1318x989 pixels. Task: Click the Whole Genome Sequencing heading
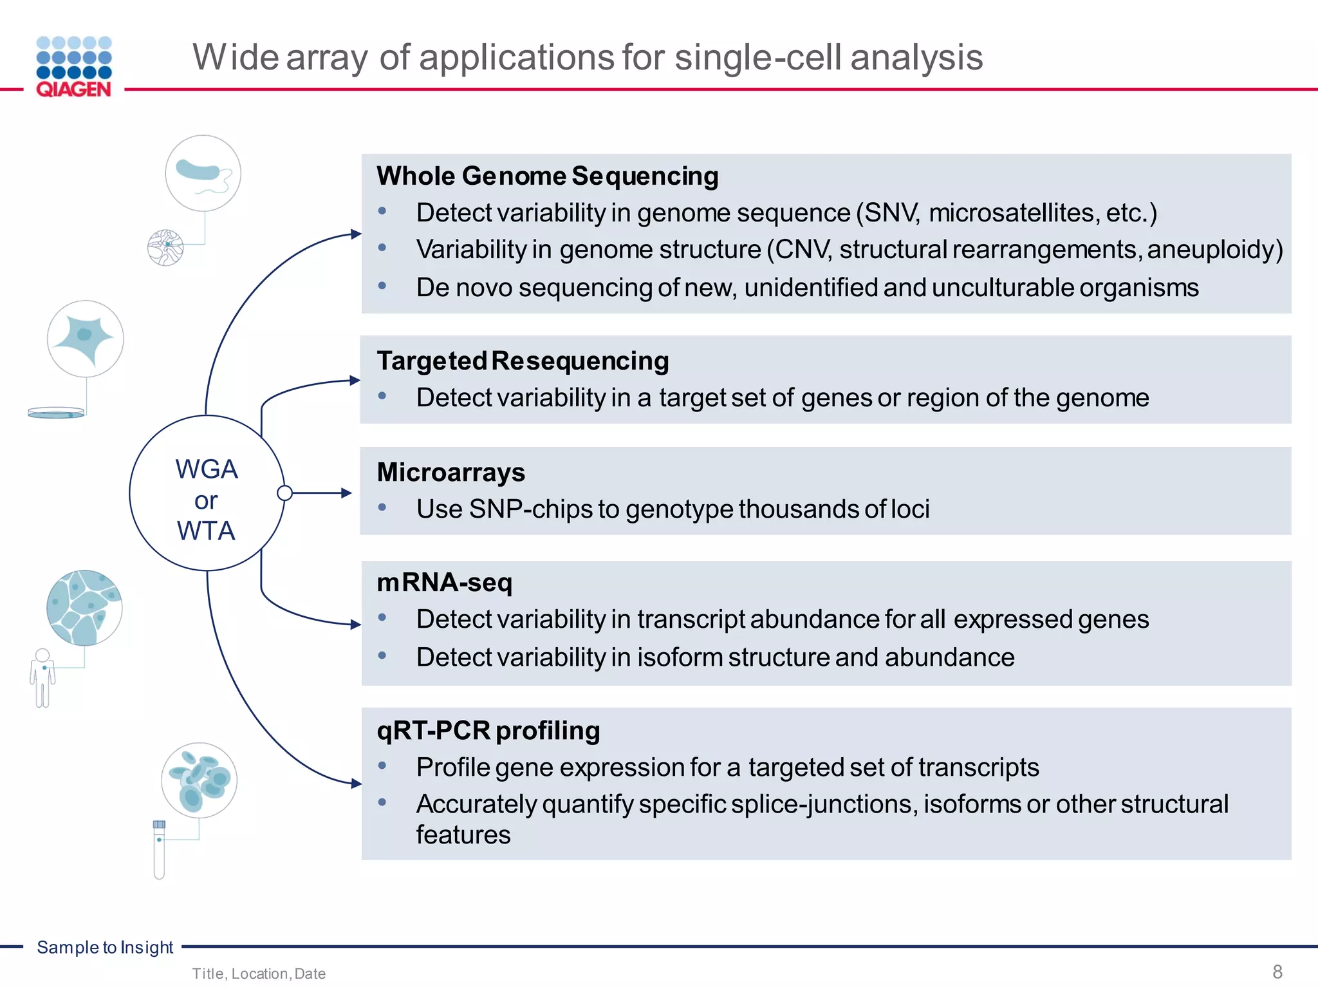(x=547, y=176)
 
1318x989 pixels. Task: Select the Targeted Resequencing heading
(x=523, y=361)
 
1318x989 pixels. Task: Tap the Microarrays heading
(x=450, y=472)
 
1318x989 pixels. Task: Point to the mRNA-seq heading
(x=444, y=582)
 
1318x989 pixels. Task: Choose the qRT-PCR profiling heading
(x=488, y=730)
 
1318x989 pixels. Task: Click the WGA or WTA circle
(x=207, y=493)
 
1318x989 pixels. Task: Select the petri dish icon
(x=56, y=413)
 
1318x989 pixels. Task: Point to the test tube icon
(x=159, y=850)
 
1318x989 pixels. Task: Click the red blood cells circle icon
(x=199, y=780)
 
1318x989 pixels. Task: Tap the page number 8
(x=1277, y=972)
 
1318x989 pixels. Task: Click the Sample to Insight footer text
(x=105, y=947)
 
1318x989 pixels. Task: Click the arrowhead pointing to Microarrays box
(x=346, y=493)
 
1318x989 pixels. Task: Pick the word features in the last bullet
(x=463, y=835)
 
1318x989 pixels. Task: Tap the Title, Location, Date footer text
(x=259, y=974)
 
